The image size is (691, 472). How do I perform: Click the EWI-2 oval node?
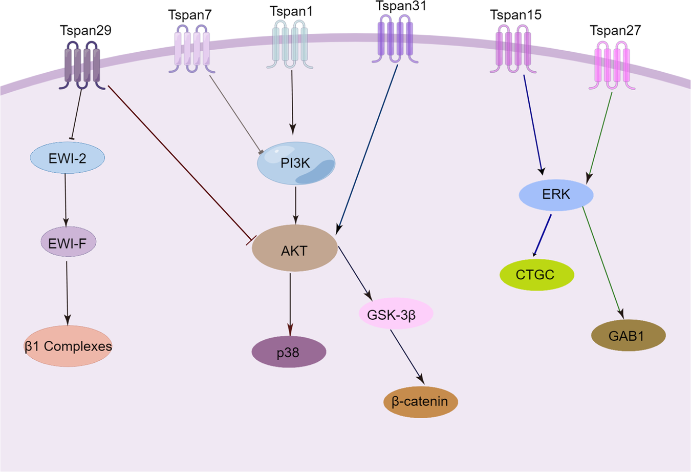pyautogui.click(x=68, y=158)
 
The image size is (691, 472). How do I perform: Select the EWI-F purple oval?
pyautogui.click(x=68, y=243)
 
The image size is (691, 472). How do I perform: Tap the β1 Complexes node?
pyautogui.click(x=68, y=346)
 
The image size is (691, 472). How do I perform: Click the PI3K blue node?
pyautogui.click(x=296, y=163)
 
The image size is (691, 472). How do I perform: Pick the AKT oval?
pyautogui.click(x=294, y=250)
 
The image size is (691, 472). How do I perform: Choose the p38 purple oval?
pyautogui.click(x=289, y=353)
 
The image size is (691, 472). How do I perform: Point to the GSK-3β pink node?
pyautogui.click(x=396, y=314)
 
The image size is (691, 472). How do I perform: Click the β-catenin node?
pyautogui.click(x=420, y=401)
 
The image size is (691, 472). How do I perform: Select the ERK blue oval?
pyautogui.click(x=556, y=195)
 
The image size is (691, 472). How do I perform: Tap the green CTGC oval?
pyautogui.click(x=536, y=275)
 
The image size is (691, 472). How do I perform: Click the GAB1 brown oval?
pyautogui.click(x=628, y=336)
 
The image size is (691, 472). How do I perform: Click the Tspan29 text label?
pyautogui.click(x=85, y=31)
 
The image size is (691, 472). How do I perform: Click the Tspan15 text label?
pyautogui.click(x=515, y=15)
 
